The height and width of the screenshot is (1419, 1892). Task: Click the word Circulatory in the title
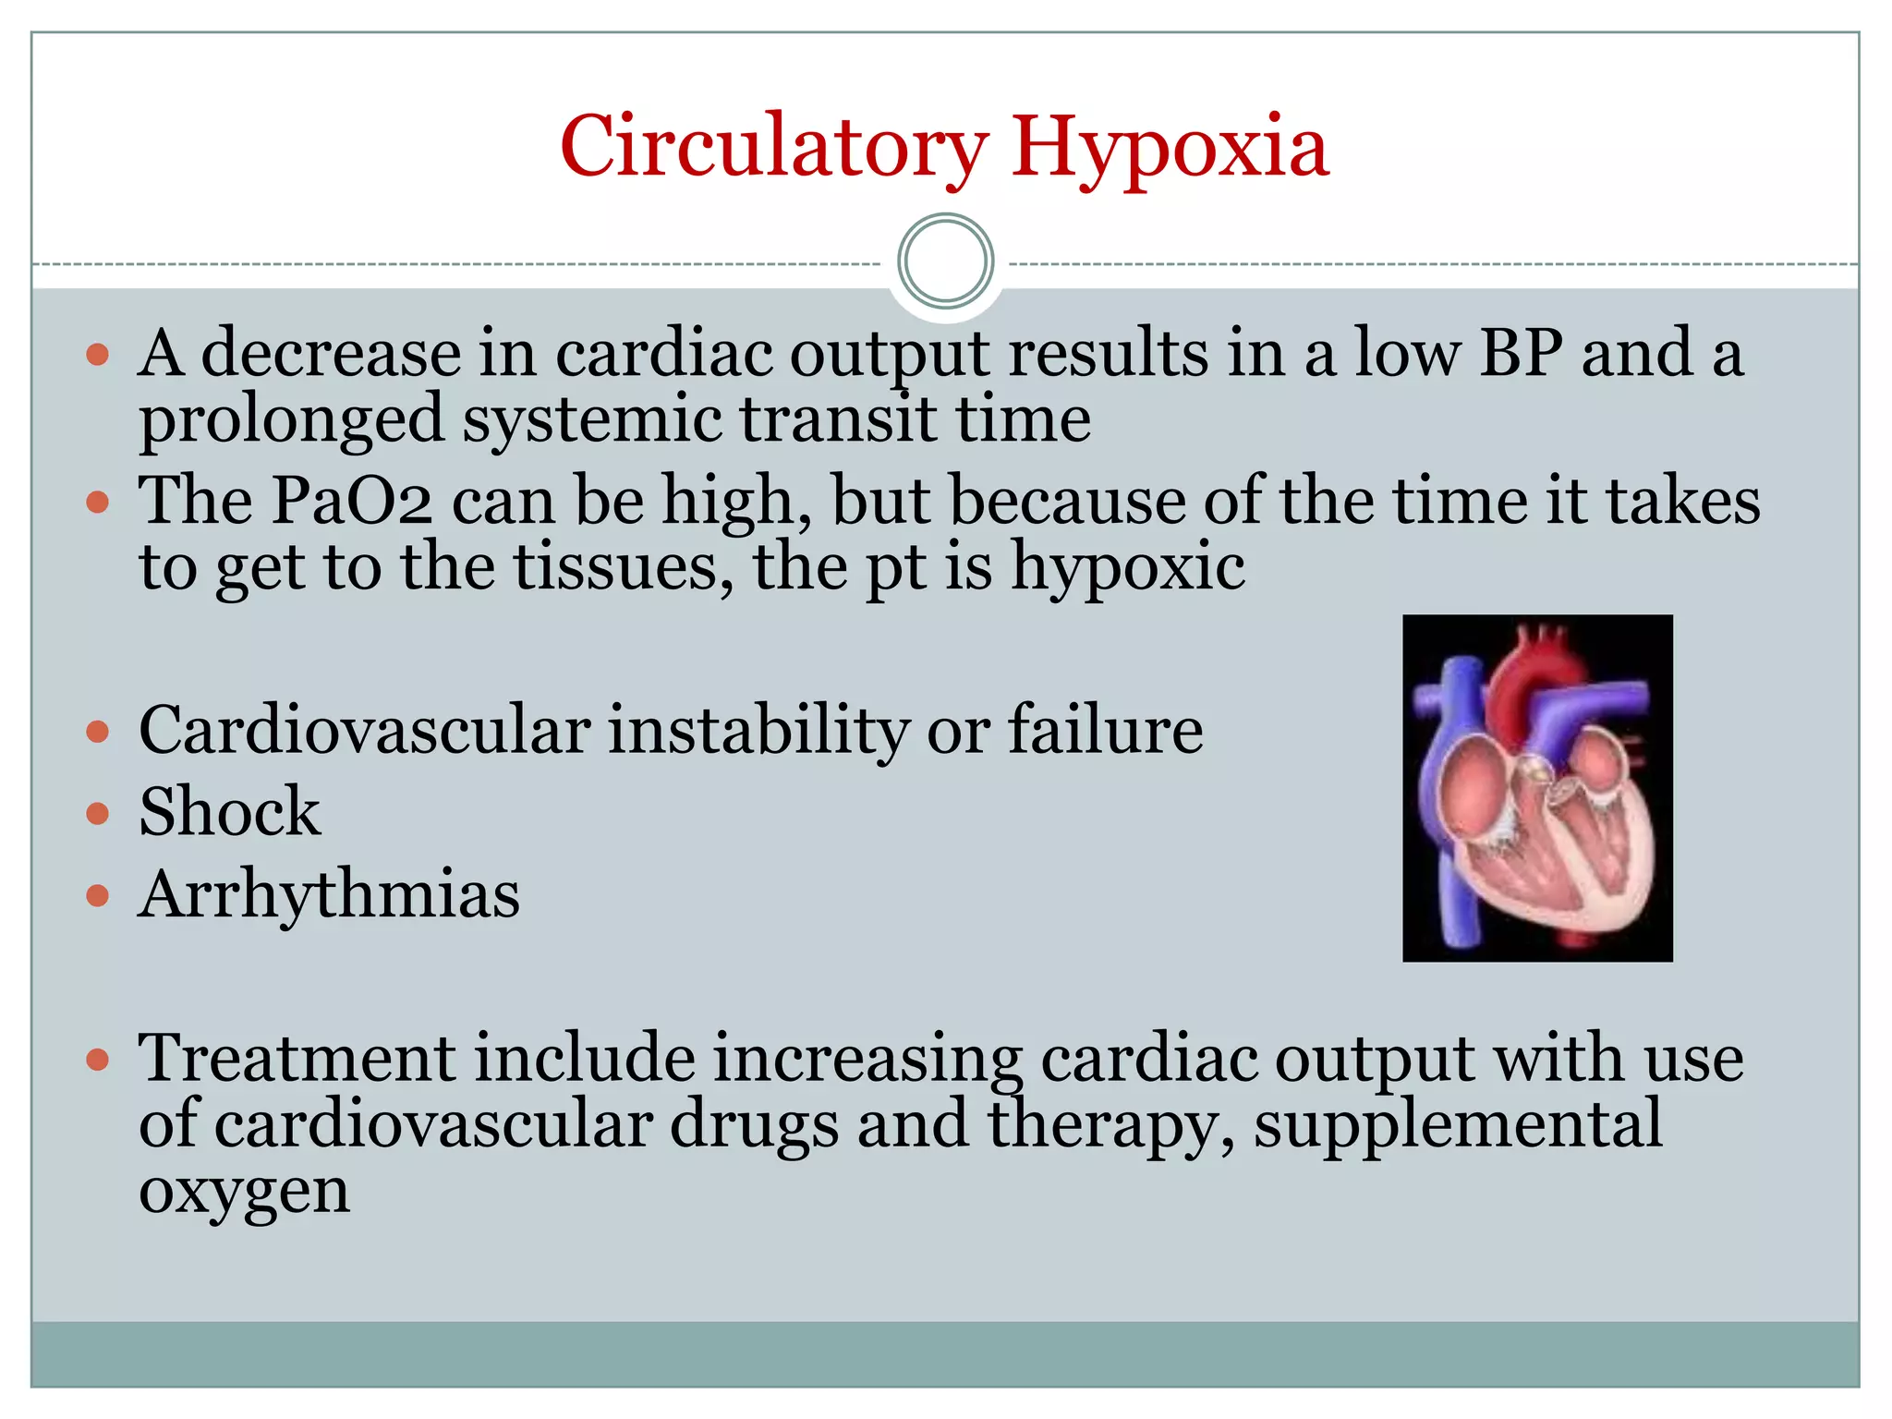click(x=774, y=148)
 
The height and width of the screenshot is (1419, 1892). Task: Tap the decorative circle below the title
click(x=945, y=261)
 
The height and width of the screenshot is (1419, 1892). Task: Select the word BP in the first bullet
click(x=1521, y=353)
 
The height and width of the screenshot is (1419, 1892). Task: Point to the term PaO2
click(x=351, y=501)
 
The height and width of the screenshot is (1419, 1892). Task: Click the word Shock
click(x=229, y=812)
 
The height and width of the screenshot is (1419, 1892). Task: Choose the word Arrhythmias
click(x=329, y=894)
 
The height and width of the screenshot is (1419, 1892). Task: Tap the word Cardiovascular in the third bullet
click(x=364, y=730)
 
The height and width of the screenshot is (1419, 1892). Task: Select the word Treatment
click(x=296, y=1058)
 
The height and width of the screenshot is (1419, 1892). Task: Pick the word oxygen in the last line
click(x=244, y=1192)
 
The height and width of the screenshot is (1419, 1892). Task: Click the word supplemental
click(x=1458, y=1124)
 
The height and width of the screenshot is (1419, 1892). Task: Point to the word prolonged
click(x=292, y=420)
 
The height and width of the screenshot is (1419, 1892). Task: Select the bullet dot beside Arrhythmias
click(x=97, y=895)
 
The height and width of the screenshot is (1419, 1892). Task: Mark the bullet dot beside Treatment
click(x=97, y=1059)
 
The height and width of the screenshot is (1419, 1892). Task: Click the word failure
click(x=1105, y=730)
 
